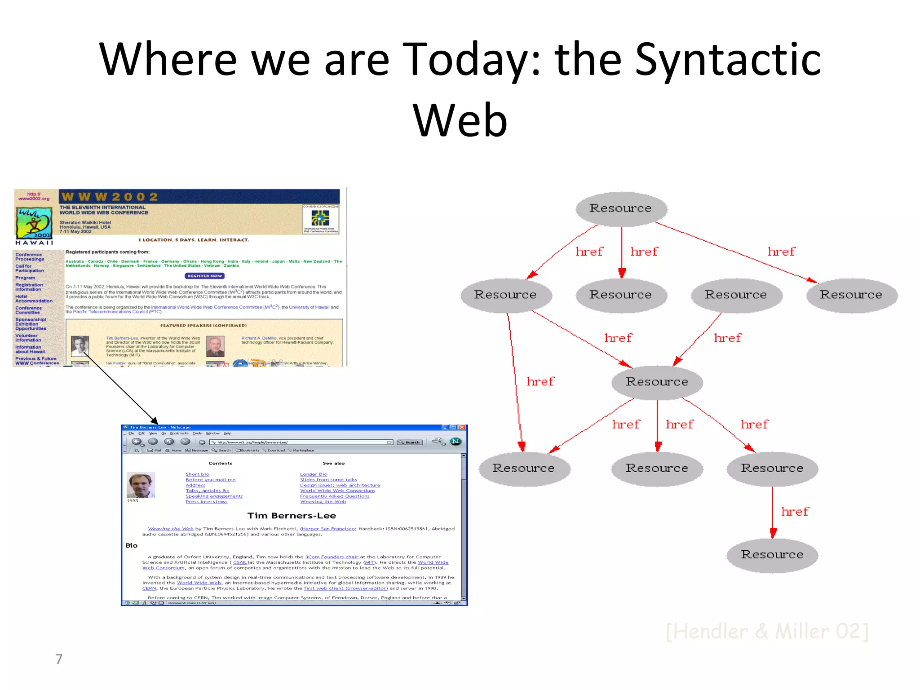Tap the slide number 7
pyautogui.click(x=59, y=659)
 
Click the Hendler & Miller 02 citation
pyautogui.click(x=767, y=631)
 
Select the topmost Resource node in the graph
pyautogui.click(x=621, y=208)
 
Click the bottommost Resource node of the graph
pyautogui.click(x=772, y=555)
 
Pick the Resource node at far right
pyautogui.click(x=851, y=295)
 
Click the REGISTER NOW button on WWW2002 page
pyautogui.click(x=204, y=276)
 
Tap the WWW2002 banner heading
pyautogui.click(x=110, y=197)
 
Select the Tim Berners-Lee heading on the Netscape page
pyautogui.click(x=292, y=516)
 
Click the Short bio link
pyautogui.click(x=197, y=474)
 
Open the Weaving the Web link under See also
pyautogui.click(x=323, y=502)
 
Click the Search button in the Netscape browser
pyautogui.click(x=410, y=442)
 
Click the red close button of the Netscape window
pyautogui.click(x=462, y=427)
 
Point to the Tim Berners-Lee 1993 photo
pyautogui.click(x=141, y=485)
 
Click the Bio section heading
pyautogui.click(x=131, y=545)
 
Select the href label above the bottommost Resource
pyautogui.click(x=794, y=512)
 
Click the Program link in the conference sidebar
pyautogui.click(x=25, y=278)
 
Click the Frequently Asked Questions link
pyautogui.click(x=334, y=496)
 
